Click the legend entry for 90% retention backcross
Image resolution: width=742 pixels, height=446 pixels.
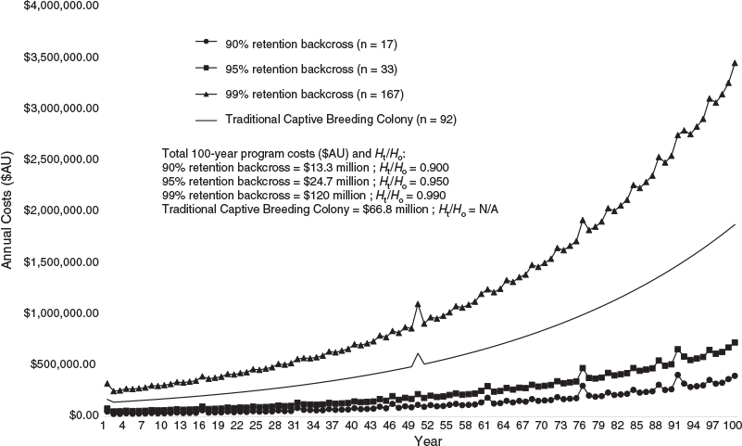coord(296,44)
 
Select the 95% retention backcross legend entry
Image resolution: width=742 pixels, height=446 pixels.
coord(296,70)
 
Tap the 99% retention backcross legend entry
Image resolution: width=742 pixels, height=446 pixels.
coord(299,95)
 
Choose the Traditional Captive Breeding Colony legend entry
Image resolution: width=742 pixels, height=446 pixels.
coord(326,120)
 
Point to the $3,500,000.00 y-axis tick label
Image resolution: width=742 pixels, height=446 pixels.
coord(61,57)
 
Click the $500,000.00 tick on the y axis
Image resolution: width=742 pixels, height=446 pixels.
coord(65,364)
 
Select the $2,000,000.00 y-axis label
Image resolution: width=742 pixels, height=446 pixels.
coord(61,210)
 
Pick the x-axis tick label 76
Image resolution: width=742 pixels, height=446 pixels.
coord(579,426)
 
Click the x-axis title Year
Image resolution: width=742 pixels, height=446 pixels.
coord(428,440)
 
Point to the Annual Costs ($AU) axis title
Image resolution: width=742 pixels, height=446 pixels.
coord(6,210)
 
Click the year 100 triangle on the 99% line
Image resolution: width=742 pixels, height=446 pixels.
coord(735,63)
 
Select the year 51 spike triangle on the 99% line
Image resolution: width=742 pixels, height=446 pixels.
coord(418,304)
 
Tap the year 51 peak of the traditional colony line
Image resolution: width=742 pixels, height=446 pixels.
coord(418,353)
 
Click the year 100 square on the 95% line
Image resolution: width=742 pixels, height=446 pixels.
coord(735,342)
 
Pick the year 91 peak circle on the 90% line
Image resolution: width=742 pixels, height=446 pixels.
coord(678,375)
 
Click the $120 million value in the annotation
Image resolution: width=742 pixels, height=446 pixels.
coord(335,196)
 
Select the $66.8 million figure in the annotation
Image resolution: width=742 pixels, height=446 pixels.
coord(396,210)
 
